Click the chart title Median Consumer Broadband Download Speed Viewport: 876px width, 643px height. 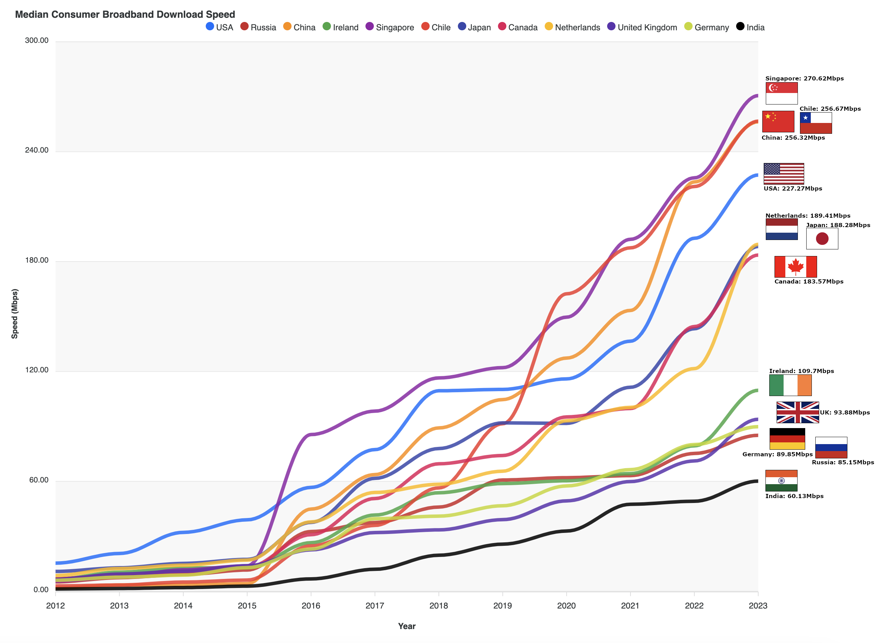point(125,14)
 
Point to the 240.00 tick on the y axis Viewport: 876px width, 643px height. point(37,150)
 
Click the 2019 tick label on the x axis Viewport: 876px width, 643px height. point(502,606)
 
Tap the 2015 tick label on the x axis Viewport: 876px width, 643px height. point(247,606)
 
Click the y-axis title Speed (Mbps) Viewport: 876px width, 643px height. point(14,314)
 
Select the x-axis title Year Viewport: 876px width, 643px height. point(406,626)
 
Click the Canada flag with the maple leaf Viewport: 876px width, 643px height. point(795,266)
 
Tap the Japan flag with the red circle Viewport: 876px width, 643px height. point(822,238)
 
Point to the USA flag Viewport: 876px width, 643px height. point(783,173)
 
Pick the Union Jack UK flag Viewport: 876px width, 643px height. point(797,412)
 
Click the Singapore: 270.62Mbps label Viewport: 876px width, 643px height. point(804,79)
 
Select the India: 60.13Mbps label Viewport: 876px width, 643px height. point(794,496)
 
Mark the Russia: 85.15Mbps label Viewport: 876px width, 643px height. point(843,463)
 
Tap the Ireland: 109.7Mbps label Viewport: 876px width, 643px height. point(801,371)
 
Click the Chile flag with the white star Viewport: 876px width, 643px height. point(815,123)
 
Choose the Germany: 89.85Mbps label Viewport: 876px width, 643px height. point(777,454)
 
